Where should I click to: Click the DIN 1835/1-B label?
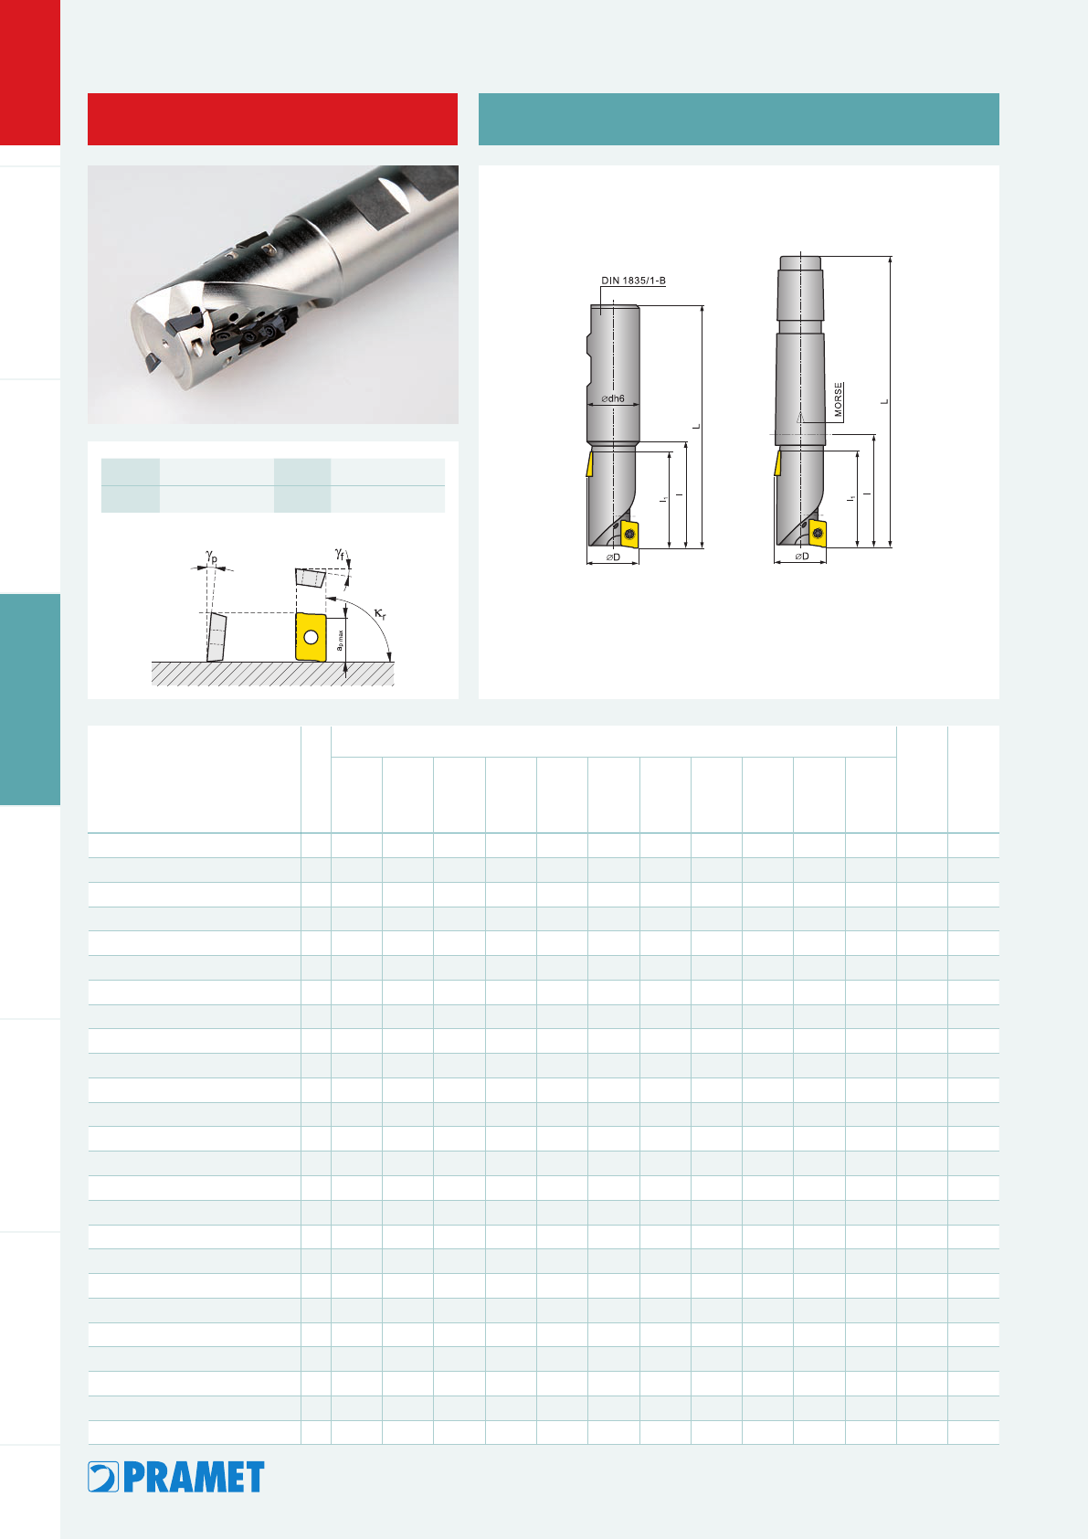pos(633,281)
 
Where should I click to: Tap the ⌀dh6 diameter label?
pos(613,398)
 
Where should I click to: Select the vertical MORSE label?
pos(838,399)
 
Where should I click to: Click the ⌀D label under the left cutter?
pos(613,557)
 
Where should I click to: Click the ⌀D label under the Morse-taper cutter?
pos(801,556)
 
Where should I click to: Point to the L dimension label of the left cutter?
pos(696,427)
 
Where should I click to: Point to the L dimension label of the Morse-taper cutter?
pos(884,402)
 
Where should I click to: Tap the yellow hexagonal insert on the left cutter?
pos(628,534)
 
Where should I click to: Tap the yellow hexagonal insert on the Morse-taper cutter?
pos(817,533)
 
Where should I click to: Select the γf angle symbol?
pos(339,553)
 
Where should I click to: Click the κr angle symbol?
pos(380,613)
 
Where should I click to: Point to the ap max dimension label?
pos(339,641)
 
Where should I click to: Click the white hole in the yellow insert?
pos(311,638)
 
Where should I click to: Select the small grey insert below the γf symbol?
pos(311,578)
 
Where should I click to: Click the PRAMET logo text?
pos(194,1477)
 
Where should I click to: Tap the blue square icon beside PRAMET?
pos(103,1477)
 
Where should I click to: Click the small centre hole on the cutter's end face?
pos(165,339)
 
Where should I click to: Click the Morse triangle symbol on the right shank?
pos(799,417)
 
